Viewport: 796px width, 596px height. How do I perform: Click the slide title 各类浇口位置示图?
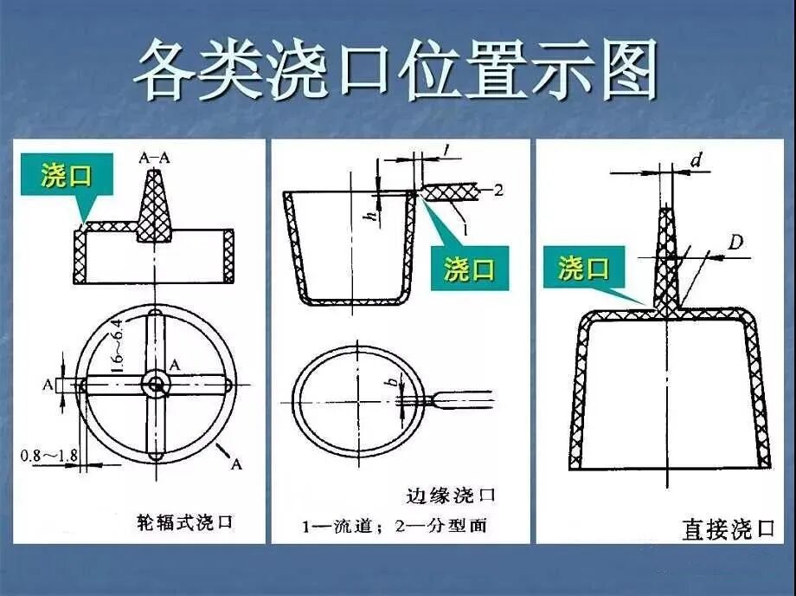tap(397, 69)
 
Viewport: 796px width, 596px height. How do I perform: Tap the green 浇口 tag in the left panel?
tap(66, 177)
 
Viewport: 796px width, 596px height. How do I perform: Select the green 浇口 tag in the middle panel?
tap(470, 269)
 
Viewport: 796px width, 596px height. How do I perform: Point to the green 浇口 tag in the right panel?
tap(582, 268)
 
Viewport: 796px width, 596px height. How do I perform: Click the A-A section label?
tap(155, 158)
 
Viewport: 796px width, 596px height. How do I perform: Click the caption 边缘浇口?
tap(450, 496)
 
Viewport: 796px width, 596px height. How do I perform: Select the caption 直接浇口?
tap(728, 528)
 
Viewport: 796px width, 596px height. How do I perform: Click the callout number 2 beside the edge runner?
tap(497, 191)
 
